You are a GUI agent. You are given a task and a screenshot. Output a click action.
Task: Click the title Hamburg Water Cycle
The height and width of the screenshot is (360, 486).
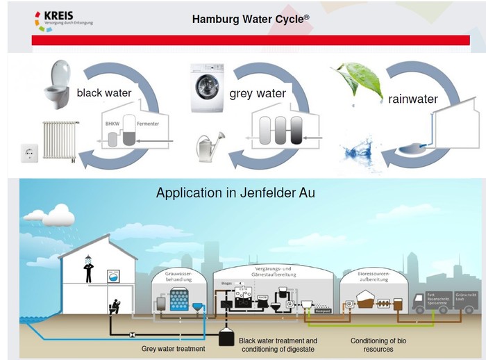click(250, 19)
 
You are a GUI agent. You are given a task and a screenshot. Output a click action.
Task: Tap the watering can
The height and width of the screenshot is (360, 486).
click(209, 145)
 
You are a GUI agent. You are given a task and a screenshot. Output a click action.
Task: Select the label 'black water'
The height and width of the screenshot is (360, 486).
click(104, 92)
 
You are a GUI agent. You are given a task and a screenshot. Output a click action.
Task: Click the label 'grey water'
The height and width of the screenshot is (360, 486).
click(258, 93)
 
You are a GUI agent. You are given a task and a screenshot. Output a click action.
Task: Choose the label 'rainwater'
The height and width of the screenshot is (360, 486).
click(413, 99)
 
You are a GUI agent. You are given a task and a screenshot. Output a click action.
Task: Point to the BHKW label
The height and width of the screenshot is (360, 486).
click(112, 123)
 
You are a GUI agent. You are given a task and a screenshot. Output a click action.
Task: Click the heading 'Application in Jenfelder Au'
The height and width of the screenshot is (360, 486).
click(235, 193)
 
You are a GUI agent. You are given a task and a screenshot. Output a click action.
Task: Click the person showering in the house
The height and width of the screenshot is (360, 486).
click(88, 270)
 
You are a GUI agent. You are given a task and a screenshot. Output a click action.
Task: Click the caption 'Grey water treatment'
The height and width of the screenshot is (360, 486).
click(173, 348)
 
